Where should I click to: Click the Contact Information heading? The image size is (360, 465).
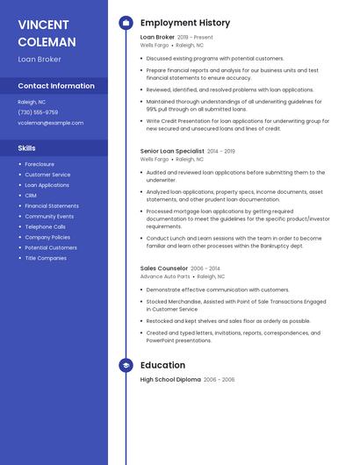click(56, 86)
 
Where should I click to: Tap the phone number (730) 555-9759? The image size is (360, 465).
click(38, 112)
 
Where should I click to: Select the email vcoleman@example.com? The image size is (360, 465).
click(50, 123)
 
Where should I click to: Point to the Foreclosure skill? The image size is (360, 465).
click(40, 164)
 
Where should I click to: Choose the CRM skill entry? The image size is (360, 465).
click(31, 196)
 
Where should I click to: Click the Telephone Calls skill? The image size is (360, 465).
click(45, 226)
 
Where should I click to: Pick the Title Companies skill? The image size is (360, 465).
click(46, 258)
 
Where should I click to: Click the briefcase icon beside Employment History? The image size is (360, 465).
click(126, 23)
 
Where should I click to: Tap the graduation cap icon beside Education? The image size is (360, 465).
click(126, 365)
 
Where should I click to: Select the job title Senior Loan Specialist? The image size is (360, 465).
click(172, 151)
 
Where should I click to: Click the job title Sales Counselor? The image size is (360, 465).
click(164, 268)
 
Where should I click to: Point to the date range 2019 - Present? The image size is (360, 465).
click(195, 38)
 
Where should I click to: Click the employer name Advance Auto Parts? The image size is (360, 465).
click(165, 276)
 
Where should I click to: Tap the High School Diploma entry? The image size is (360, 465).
click(170, 380)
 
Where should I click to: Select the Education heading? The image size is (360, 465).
click(162, 365)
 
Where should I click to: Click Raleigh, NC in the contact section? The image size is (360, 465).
click(32, 102)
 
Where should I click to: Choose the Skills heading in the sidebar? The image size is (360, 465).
click(26, 148)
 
